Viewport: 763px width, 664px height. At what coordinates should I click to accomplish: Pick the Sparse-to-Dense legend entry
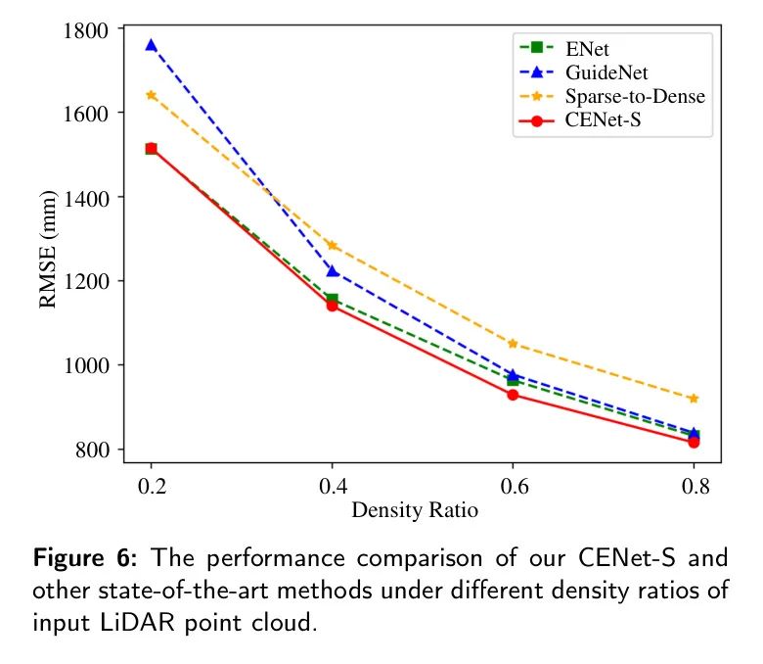635,97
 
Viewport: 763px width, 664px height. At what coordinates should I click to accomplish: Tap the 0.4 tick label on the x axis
333,486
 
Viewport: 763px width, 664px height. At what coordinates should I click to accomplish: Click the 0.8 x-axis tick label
694,486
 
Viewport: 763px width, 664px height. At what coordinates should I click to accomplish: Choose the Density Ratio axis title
415,510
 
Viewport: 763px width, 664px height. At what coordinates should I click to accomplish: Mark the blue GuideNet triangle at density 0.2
151,45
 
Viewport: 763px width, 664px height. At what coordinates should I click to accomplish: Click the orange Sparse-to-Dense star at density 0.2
151,95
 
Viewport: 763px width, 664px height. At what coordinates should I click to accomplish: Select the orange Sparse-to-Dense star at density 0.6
513,344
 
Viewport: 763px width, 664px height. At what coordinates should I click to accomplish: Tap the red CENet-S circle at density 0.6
513,395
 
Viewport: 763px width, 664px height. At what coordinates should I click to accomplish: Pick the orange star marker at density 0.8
694,399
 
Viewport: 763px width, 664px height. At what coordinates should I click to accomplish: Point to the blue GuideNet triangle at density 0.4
333,271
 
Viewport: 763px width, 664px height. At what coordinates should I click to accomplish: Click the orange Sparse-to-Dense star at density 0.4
333,246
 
